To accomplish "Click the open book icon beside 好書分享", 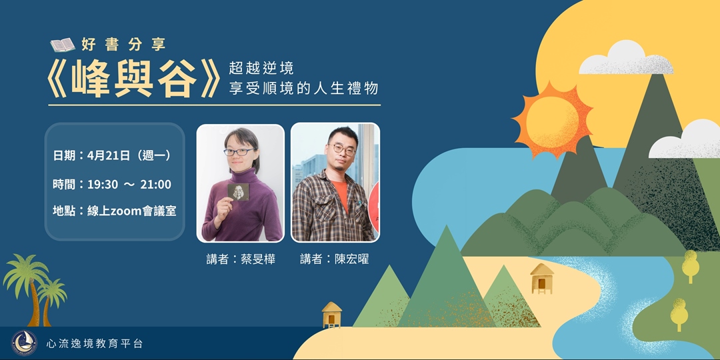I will pyautogui.click(x=63, y=45).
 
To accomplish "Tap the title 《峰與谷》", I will pyautogui.click(x=134, y=80).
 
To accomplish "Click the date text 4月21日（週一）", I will pyautogui.click(x=112, y=155).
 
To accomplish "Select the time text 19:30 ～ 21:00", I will pyautogui.click(x=112, y=184).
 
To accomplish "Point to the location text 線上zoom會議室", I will pyautogui.click(x=114, y=211).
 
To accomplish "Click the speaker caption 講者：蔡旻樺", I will pyautogui.click(x=241, y=259).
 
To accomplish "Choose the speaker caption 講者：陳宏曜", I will pyautogui.click(x=334, y=259).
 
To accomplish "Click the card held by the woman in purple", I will pyautogui.click(x=237, y=193).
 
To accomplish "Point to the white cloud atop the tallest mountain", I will pyautogui.click(x=625, y=60).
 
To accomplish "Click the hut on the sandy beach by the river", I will pyautogui.click(x=541, y=277).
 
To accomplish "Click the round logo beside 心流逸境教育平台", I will pyautogui.click(x=25, y=343).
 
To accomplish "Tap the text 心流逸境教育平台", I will pyautogui.click(x=95, y=344).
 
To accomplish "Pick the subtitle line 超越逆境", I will pyautogui.click(x=261, y=68).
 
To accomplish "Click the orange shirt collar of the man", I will pyautogui.click(x=340, y=191).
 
